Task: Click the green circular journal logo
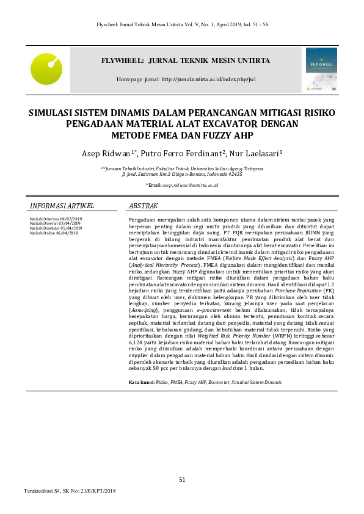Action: (x=46, y=68)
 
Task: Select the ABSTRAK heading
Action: (x=144, y=206)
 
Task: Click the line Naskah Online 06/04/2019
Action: (x=54, y=233)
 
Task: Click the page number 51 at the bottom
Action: (x=182, y=479)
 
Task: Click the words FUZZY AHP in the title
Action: (x=229, y=135)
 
